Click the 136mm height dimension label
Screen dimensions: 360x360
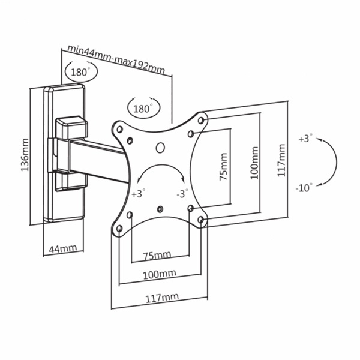click(25, 155)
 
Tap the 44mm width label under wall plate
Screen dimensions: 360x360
click(63, 248)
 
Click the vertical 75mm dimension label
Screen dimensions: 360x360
click(223, 167)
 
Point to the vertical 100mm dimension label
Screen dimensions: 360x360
click(254, 163)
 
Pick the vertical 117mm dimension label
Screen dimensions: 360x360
click(281, 160)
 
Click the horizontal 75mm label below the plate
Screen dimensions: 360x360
click(157, 255)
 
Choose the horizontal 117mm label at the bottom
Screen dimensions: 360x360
click(162, 298)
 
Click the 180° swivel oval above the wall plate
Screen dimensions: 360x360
click(82, 71)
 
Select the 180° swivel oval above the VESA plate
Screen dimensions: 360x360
click(144, 107)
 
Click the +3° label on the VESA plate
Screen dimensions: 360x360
click(139, 193)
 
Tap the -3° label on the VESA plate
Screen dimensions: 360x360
click(182, 193)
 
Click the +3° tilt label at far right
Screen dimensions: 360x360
click(305, 139)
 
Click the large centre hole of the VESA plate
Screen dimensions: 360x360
click(160, 147)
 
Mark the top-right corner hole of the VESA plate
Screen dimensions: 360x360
click(201, 121)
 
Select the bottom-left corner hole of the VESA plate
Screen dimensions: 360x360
click(119, 228)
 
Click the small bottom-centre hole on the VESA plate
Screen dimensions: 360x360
click(160, 209)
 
